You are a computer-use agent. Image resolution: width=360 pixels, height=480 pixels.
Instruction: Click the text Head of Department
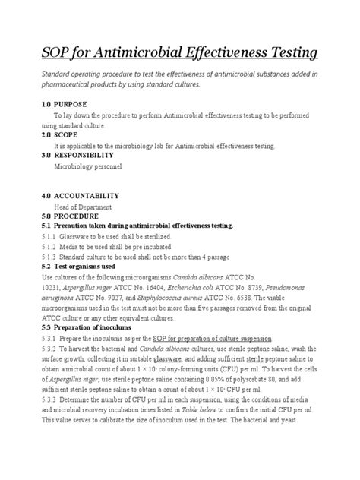pyautogui.click(x=83, y=206)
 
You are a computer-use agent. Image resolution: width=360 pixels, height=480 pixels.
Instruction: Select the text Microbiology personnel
pyautogui.click(x=87, y=165)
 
